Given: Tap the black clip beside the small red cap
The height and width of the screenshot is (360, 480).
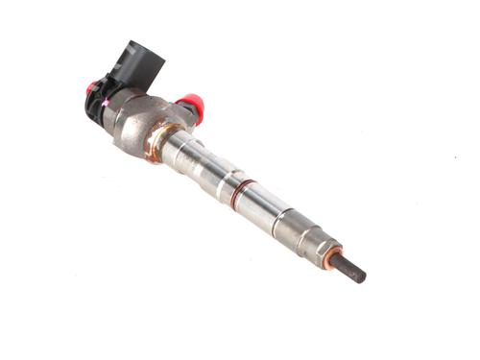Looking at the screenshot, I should click(x=101, y=101).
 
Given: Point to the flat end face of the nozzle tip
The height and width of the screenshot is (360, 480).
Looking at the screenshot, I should click(x=364, y=278).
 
